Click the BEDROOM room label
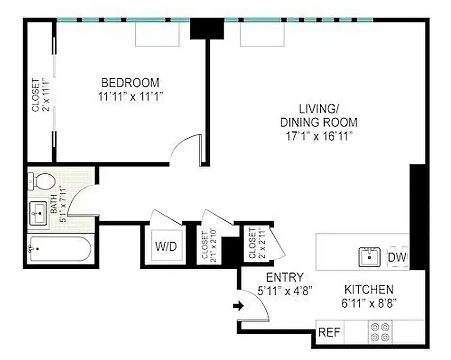click(130, 83)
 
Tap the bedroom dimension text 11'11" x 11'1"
click(130, 96)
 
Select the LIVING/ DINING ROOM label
click(319, 116)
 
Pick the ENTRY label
click(285, 277)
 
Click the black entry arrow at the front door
click(239, 306)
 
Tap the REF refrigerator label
click(329, 333)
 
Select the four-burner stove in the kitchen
click(380, 333)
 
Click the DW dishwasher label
click(397, 258)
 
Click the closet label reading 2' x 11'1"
click(40, 94)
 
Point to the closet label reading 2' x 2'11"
click(255, 243)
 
